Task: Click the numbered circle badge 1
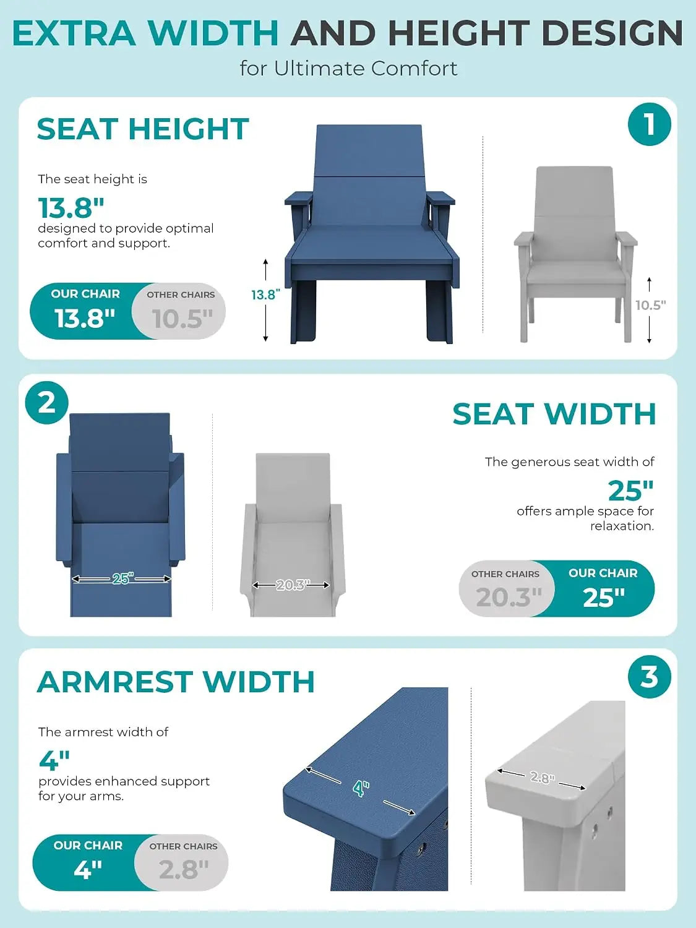point(649,124)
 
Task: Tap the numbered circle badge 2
point(46,403)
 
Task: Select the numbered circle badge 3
point(649,676)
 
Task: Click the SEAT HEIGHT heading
point(143,129)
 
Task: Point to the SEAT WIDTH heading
point(554,414)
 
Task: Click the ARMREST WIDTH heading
point(176,682)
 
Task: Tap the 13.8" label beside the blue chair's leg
point(266,294)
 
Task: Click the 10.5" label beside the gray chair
point(651,305)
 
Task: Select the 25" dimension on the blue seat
point(123,578)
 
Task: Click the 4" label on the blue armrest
point(361,788)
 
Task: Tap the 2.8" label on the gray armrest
point(542,777)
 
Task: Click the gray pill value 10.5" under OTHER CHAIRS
point(182,319)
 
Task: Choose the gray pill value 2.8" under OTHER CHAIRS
point(184,870)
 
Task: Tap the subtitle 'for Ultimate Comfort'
point(349,69)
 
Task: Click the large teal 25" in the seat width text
point(631,491)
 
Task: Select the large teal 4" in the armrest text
point(54,760)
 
